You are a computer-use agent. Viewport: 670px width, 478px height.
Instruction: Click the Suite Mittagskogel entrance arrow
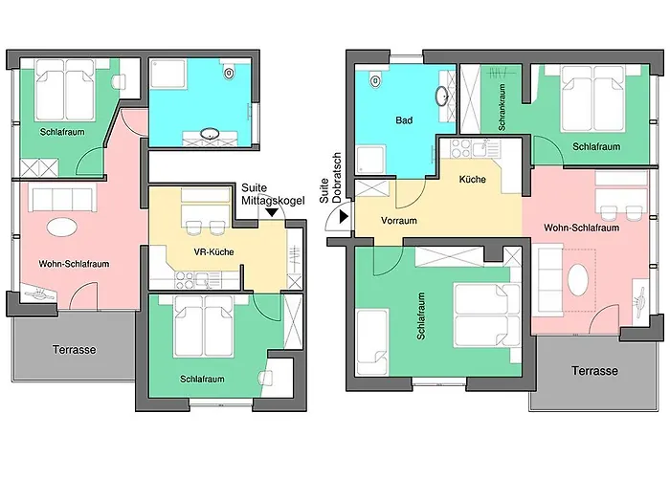(x=272, y=212)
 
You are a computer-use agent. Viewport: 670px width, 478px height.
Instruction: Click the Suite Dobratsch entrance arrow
(x=344, y=217)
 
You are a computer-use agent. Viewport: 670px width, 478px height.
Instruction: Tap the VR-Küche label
(x=213, y=251)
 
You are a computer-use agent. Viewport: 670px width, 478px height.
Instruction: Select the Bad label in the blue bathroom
(x=404, y=120)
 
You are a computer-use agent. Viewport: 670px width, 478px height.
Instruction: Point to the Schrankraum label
(x=502, y=107)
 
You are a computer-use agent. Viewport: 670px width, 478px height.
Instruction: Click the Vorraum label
(x=399, y=221)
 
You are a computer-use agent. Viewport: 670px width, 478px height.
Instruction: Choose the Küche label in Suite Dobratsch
(x=472, y=180)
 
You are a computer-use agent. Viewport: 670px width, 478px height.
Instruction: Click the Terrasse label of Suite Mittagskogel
(x=75, y=350)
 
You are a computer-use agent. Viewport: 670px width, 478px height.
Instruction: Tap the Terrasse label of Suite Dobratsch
(x=594, y=371)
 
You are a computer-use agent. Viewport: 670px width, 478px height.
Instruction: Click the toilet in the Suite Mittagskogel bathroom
(x=229, y=73)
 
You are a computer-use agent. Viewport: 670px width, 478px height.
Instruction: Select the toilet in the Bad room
(x=375, y=79)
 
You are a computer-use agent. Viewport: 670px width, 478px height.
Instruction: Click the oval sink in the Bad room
(x=442, y=96)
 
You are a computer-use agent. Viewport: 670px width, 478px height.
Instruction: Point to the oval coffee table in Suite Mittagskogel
(x=62, y=227)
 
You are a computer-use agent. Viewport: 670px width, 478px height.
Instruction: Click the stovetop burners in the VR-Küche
(x=185, y=280)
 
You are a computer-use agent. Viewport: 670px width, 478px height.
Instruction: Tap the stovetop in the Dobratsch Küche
(x=460, y=147)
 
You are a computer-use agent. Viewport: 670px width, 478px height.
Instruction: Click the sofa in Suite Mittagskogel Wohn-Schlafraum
(x=62, y=198)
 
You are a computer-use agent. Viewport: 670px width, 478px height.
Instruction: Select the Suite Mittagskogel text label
(x=273, y=194)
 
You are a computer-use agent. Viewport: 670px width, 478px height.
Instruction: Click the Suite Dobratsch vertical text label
(x=330, y=178)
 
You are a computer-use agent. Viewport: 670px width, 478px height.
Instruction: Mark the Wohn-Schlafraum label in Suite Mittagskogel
(x=74, y=264)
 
